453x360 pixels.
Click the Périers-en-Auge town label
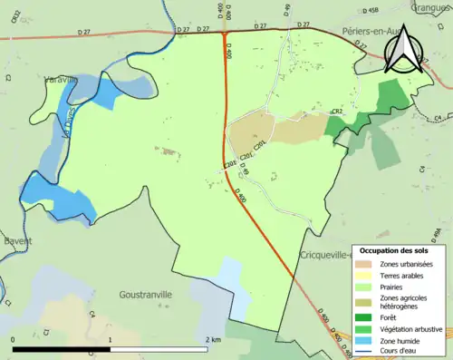[x=361, y=30]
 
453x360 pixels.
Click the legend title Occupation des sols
[x=394, y=250]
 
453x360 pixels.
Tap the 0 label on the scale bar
[x=13, y=339]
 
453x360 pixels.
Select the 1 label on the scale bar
[x=110, y=339]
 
